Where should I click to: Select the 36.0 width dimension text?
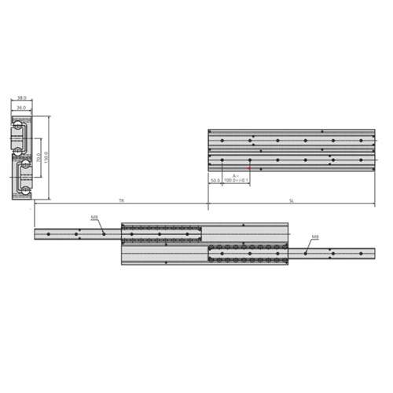[x=21, y=107]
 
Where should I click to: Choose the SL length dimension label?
[x=292, y=202]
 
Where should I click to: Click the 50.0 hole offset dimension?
[x=215, y=181]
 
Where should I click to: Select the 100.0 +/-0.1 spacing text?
[x=236, y=181]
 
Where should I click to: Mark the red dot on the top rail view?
[x=249, y=167]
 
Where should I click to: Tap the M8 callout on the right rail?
[x=315, y=236]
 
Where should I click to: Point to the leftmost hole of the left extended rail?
[x=49, y=233]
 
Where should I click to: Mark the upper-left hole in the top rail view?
[x=223, y=140]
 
